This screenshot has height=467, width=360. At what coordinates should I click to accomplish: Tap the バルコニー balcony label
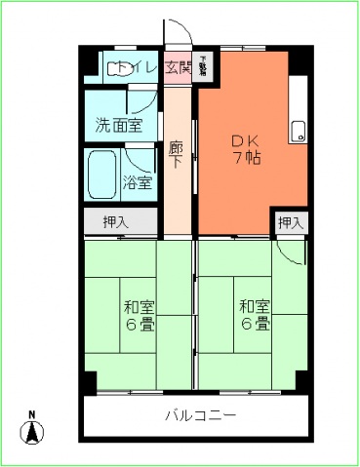pos(199,416)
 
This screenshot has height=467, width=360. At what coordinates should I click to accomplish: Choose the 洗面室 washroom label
pos(118,125)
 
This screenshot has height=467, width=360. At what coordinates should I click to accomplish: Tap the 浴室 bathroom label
pos(138,181)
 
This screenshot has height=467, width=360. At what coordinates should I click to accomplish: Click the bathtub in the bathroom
pos(101,175)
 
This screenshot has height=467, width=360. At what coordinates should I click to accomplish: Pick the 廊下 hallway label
pos(177,156)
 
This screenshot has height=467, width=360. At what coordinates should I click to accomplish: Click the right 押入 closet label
pos(291,222)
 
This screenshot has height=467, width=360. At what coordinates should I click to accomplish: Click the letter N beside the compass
pos(30,412)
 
